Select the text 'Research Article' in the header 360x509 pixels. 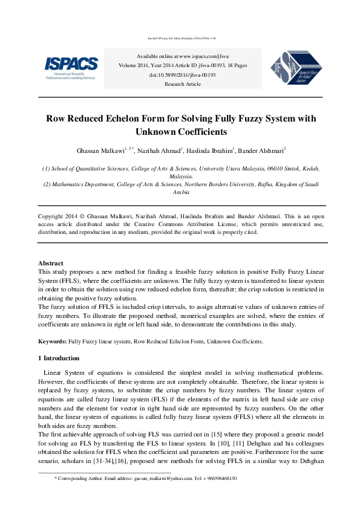point(182,84)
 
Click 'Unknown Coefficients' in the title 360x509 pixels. point(182,131)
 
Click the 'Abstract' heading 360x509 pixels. point(51,264)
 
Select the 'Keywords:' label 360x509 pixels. point(52,342)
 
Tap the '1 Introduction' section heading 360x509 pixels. point(58,358)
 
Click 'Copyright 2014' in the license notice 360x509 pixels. point(59,216)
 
